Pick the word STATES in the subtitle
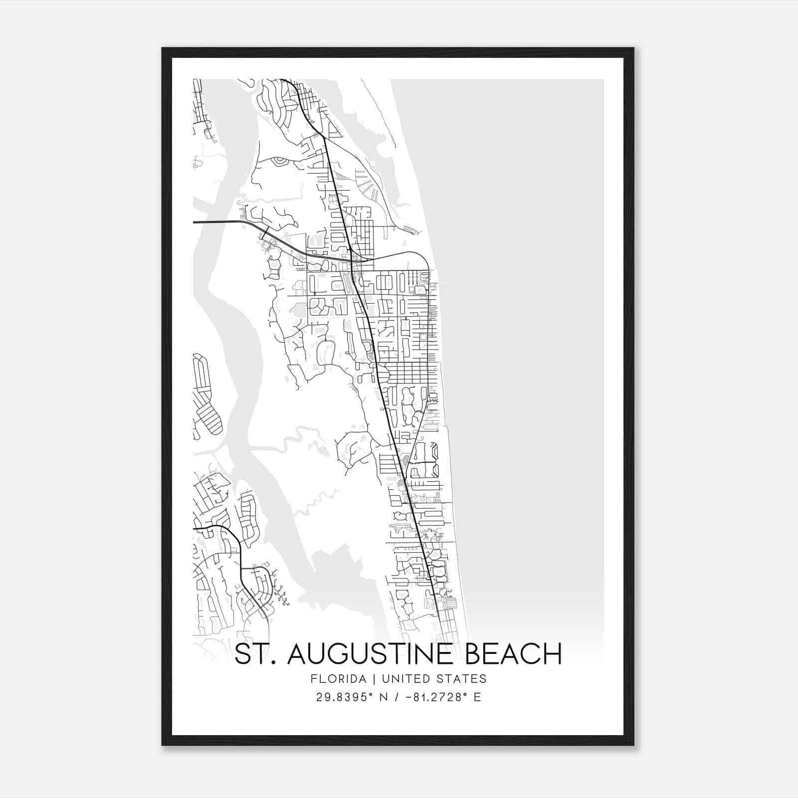(x=464, y=679)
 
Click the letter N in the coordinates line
(x=385, y=697)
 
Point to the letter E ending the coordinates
(x=477, y=697)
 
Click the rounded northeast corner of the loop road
(x=423, y=259)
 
